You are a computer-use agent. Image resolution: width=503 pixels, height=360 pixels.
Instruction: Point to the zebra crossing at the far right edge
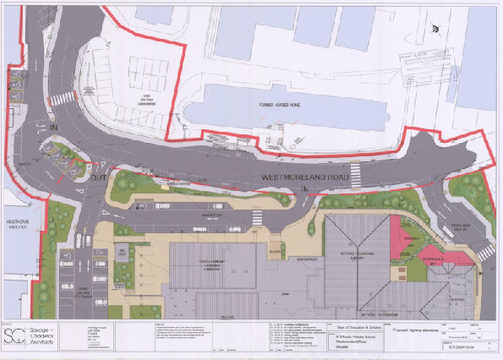(x=485, y=251)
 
